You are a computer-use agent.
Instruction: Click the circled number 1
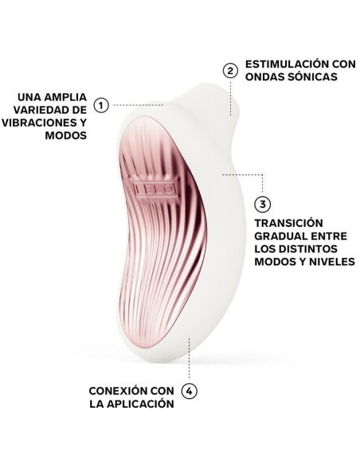[x=101, y=104]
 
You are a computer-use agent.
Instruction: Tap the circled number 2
[x=231, y=70]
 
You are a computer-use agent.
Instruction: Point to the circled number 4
[x=189, y=391]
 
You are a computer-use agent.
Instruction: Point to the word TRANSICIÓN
[x=289, y=223]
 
